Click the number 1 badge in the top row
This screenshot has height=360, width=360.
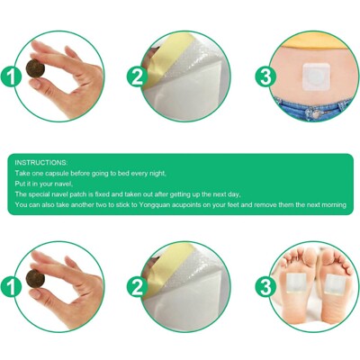[x=11, y=76]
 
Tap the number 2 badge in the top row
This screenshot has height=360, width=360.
[x=137, y=76]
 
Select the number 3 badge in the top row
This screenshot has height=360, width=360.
[x=265, y=76]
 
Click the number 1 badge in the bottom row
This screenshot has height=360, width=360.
[x=11, y=287]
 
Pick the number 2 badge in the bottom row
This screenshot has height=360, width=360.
[x=137, y=287]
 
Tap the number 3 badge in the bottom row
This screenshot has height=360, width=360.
[x=265, y=287]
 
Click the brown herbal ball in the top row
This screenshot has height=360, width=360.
[x=36, y=68]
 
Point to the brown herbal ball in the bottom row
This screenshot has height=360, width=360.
[x=36, y=278]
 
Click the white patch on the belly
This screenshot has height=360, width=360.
[x=315, y=75]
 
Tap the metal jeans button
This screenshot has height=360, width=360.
[x=315, y=113]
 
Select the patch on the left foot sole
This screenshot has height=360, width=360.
[x=296, y=283]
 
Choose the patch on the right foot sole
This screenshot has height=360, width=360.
[x=335, y=284]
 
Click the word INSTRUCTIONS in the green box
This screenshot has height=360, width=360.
[x=41, y=163]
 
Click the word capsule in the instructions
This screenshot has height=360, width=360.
[x=54, y=174]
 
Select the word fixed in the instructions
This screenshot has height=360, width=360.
[x=103, y=194]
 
